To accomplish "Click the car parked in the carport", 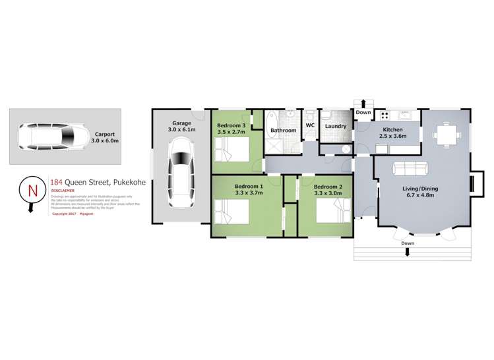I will coord(49,136).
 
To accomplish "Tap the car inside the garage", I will coord(181,174).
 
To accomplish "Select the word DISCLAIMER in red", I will coord(63,191).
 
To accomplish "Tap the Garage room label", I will coord(181,123).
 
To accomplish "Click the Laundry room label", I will coord(336,126).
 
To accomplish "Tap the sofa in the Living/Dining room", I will coord(409,169).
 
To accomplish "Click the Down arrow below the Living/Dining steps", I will coord(408,251).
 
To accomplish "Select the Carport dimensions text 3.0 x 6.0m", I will coord(105,140).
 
